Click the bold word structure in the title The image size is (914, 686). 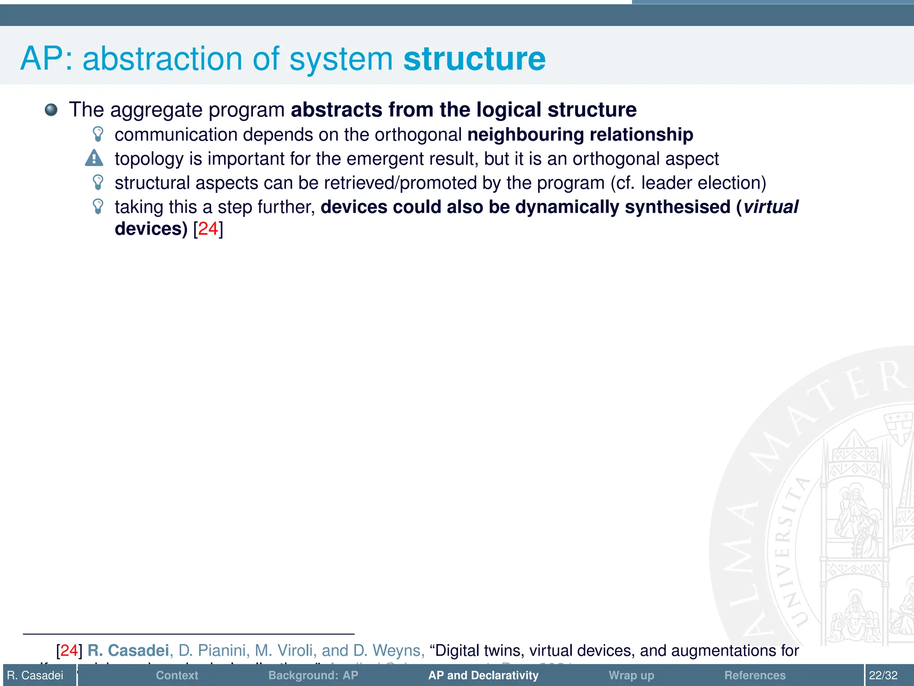(x=474, y=59)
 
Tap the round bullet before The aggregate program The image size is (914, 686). (x=51, y=109)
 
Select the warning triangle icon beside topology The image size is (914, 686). (x=94, y=158)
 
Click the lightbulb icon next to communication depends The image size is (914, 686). (x=98, y=134)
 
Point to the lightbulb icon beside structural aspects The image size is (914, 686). (x=98, y=182)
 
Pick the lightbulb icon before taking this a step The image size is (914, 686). (x=98, y=206)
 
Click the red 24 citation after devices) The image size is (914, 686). (x=208, y=229)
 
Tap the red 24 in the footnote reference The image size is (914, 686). (x=69, y=650)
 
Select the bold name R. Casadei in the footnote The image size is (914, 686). (x=128, y=650)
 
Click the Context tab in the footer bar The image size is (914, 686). (x=177, y=675)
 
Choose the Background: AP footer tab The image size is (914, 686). (x=313, y=675)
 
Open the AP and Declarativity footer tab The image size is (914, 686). (x=483, y=675)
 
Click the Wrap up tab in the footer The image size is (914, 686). (x=631, y=675)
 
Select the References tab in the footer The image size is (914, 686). (x=755, y=675)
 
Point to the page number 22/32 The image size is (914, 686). (x=883, y=675)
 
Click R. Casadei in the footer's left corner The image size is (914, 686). (x=35, y=675)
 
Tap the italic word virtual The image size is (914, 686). (x=771, y=207)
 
